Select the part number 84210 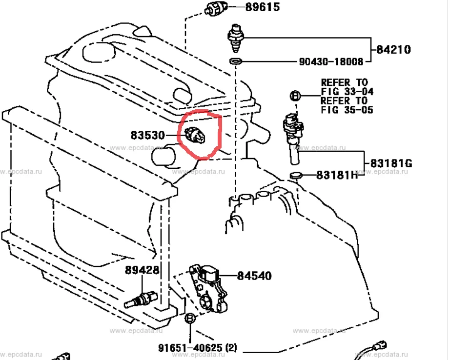[x=393, y=49]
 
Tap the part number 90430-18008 [x=331, y=62]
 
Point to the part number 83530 [x=147, y=135]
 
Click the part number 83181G [x=391, y=163]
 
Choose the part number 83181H [x=337, y=175]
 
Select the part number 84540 [x=254, y=276]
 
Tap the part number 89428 [x=142, y=270]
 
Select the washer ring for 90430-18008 [x=236, y=61]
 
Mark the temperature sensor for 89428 [x=140, y=299]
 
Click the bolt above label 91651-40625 [x=191, y=320]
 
